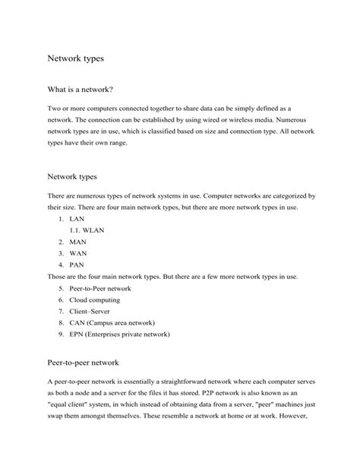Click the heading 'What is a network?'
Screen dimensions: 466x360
(85, 90)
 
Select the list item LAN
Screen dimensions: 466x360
(77, 217)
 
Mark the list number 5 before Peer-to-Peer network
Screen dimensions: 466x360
(60, 289)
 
